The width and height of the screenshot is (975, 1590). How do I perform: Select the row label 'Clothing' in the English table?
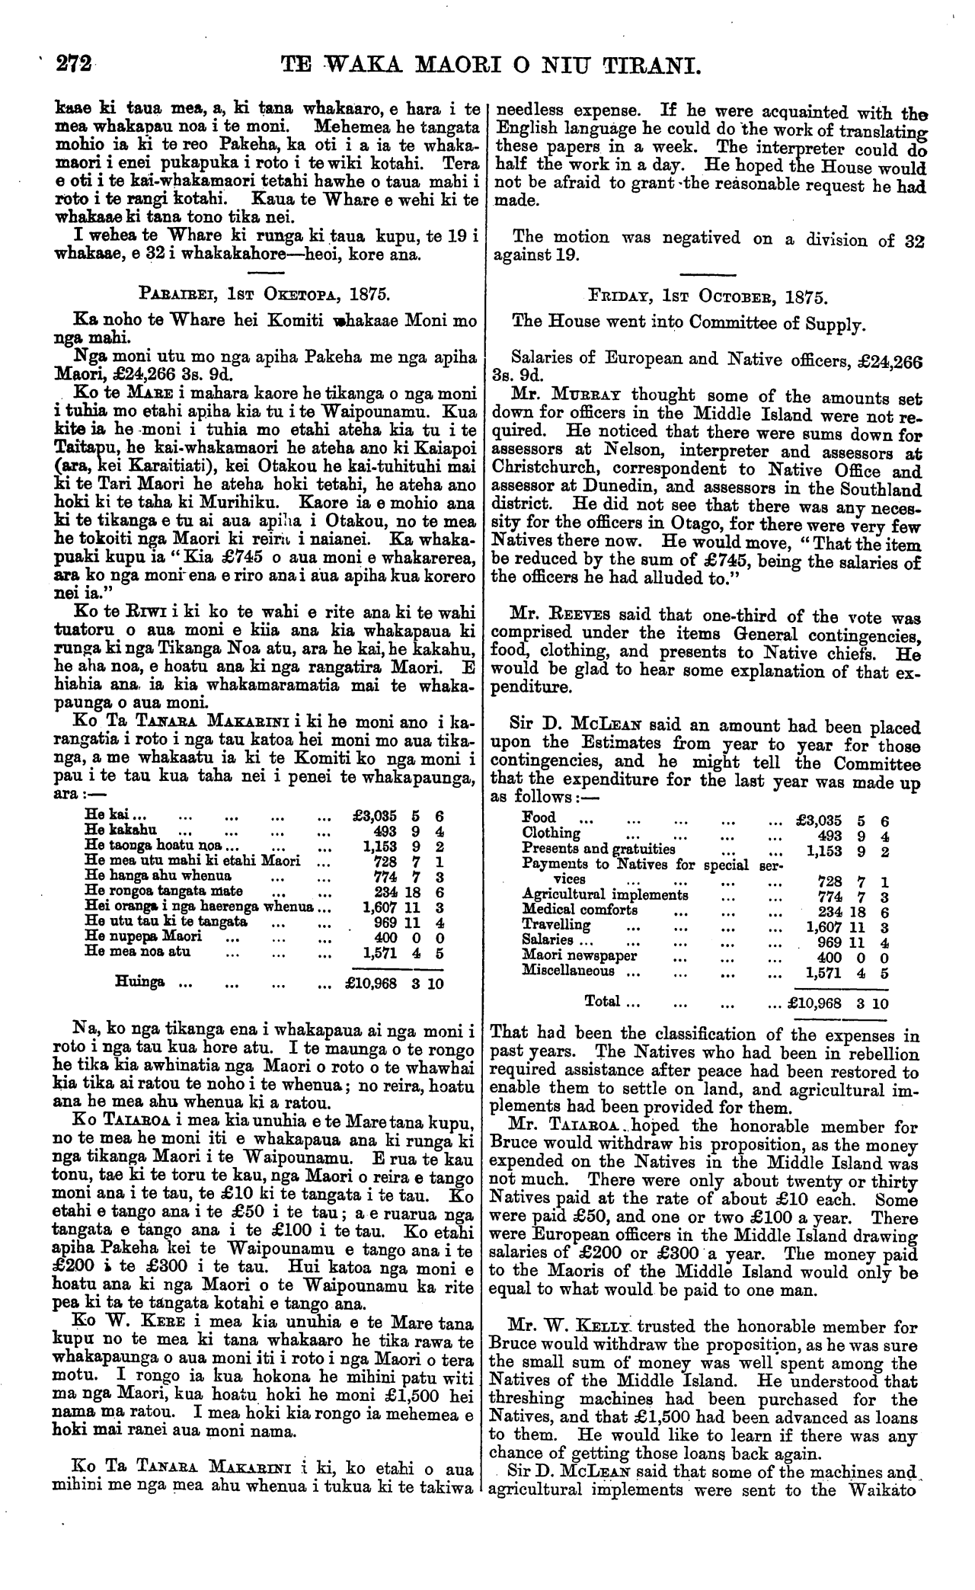point(551,833)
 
